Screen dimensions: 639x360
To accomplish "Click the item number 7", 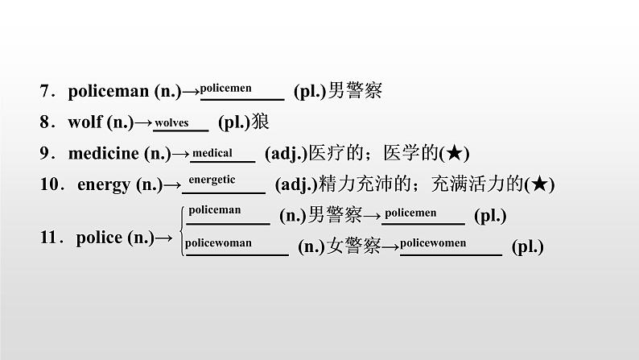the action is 45,92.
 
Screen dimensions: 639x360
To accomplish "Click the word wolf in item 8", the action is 86,122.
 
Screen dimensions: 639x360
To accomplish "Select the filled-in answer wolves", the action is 171,122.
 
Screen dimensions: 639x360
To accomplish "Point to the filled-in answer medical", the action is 212,153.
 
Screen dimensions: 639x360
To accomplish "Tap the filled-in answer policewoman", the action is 218,242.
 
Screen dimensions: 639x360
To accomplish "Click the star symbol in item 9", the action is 460,153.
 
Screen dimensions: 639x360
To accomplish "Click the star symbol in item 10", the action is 540,184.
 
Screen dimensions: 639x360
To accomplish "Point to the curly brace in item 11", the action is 179,229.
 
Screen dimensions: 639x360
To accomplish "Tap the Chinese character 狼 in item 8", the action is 259,123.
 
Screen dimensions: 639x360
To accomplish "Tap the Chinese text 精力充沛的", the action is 357,184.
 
